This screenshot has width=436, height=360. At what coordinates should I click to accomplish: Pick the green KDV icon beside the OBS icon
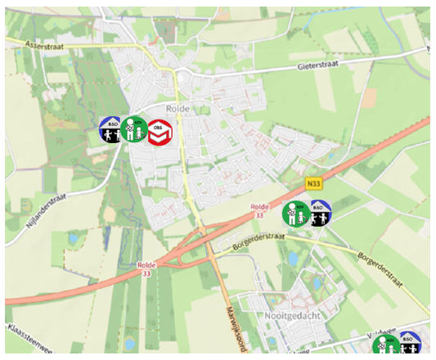point(135,129)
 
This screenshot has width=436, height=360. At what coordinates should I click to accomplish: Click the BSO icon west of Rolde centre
point(110,129)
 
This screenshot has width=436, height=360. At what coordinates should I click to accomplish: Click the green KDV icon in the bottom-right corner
point(385,344)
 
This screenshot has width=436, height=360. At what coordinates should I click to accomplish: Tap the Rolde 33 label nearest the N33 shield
point(260,211)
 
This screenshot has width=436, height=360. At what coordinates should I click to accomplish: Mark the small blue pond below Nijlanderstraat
point(71,239)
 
